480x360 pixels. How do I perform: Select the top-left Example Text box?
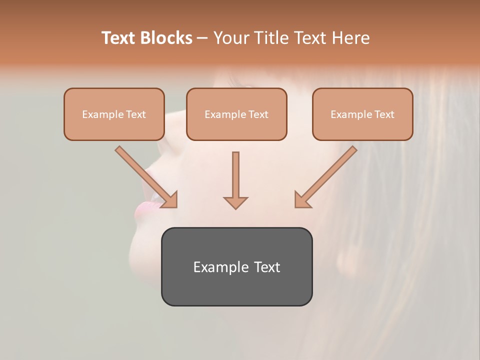pos(114,114)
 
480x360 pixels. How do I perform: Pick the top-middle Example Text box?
pos(236,114)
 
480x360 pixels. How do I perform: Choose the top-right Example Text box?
pos(362,114)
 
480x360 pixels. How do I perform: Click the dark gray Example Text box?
pos(236,266)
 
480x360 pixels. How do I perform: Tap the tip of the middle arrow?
pos(235,207)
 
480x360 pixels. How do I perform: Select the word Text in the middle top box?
pos(258,114)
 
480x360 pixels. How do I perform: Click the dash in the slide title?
pos(202,38)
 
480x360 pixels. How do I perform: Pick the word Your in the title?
pos(230,38)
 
